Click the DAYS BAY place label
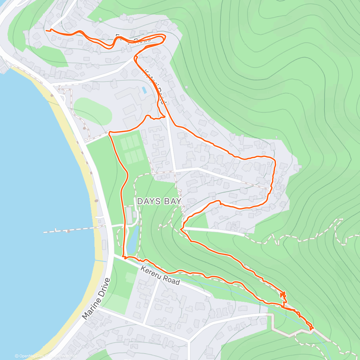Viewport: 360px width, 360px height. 159,201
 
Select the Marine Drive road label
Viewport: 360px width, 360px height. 96,299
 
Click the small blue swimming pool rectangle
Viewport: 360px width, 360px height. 144,89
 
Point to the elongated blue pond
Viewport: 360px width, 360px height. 132,240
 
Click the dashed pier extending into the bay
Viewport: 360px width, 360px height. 72,230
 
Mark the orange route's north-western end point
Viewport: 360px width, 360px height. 46,30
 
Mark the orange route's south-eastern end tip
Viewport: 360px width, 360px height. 312,329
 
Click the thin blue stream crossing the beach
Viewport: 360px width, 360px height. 100,260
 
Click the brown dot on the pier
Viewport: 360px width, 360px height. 69,231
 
